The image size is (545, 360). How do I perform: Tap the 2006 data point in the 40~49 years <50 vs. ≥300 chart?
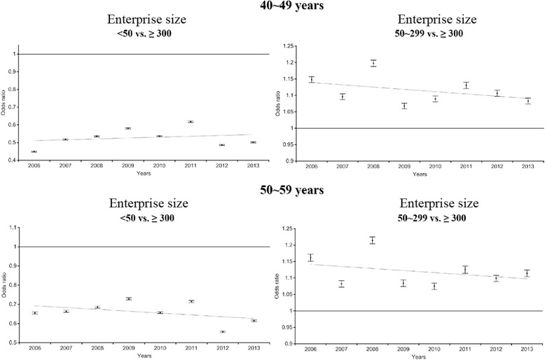(x=34, y=151)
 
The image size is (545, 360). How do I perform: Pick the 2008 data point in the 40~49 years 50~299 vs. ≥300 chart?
(x=373, y=63)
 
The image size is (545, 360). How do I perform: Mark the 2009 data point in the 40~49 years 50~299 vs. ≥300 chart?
(x=404, y=106)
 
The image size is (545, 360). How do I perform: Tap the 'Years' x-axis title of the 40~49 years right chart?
(x=420, y=174)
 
